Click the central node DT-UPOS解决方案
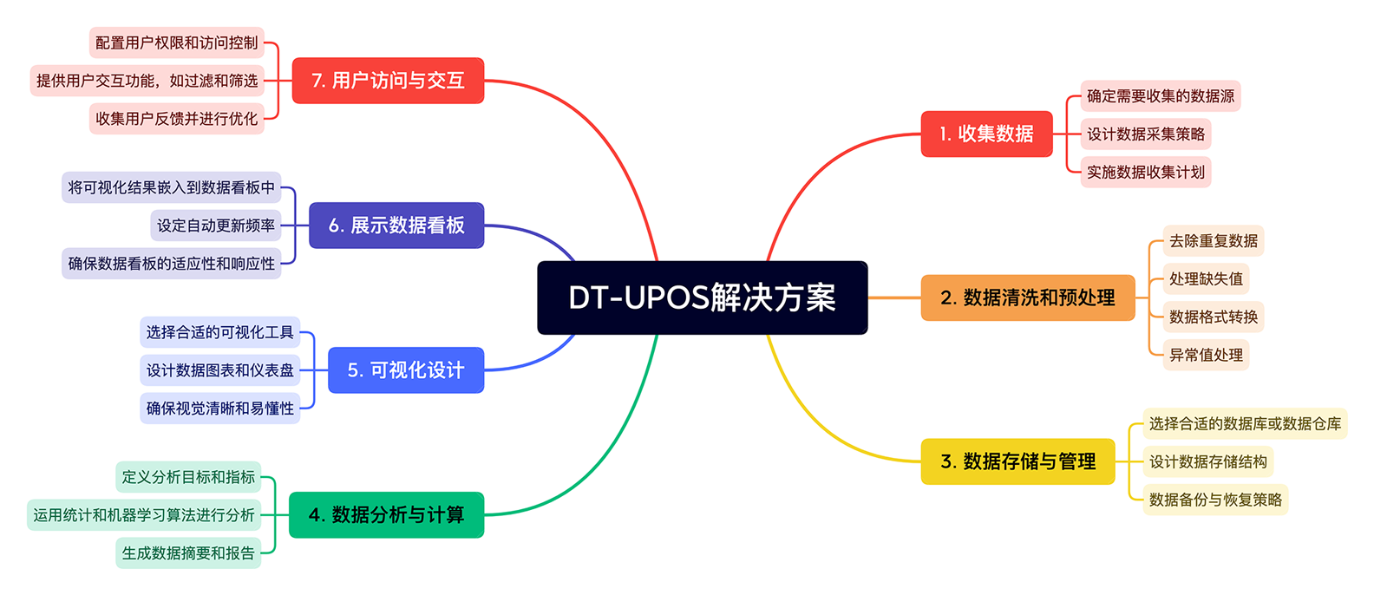click(x=702, y=297)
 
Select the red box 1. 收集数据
click(x=986, y=134)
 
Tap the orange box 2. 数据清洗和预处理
click(x=1027, y=297)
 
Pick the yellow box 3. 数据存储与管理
click(x=1017, y=461)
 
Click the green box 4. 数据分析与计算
click(x=386, y=514)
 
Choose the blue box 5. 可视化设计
click(x=405, y=370)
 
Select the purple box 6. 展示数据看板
click(x=396, y=226)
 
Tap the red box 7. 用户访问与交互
click(x=387, y=81)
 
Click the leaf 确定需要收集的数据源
click(x=1160, y=95)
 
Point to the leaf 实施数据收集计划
click(x=1145, y=172)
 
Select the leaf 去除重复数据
click(x=1213, y=240)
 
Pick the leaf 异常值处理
click(x=1206, y=355)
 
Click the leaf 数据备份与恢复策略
click(x=1214, y=500)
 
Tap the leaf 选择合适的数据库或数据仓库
click(x=1244, y=423)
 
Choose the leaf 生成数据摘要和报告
click(x=188, y=552)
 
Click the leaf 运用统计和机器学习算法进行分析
click(x=144, y=515)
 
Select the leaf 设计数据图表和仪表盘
click(x=219, y=370)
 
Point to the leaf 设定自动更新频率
click(x=215, y=226)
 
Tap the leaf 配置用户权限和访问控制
click(x=176, y=42)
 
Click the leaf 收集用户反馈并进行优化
click(x=176, y=119)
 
